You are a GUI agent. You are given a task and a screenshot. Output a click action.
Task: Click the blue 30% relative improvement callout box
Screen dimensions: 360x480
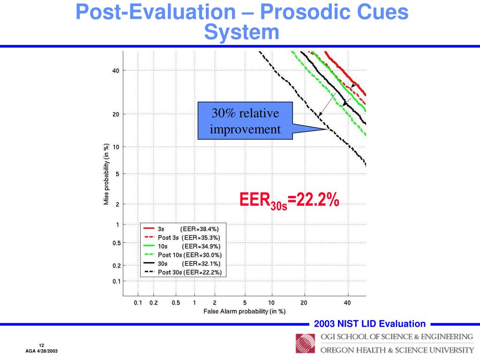(245, 121)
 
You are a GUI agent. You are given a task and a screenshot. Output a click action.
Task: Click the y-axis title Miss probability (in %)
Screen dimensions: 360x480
(106, 174)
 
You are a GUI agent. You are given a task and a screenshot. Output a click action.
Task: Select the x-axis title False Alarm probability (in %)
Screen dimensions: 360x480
(244, 311)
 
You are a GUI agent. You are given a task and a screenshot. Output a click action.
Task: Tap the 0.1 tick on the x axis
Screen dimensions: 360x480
(138, 303)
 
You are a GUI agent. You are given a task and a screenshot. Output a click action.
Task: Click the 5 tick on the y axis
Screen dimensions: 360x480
(117, 174)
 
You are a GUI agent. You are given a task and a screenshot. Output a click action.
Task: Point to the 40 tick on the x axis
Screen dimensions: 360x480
(347, 303)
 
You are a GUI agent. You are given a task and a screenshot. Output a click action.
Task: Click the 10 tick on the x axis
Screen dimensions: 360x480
(271, 303)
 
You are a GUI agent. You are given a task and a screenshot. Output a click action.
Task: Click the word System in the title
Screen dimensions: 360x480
(242, 32)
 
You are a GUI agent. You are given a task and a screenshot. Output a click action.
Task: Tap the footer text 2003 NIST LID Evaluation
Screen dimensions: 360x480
(370, 324)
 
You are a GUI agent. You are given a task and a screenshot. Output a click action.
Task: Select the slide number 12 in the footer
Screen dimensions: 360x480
(41, 345)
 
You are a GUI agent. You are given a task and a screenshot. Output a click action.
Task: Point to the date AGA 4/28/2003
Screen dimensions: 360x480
(41, 352)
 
